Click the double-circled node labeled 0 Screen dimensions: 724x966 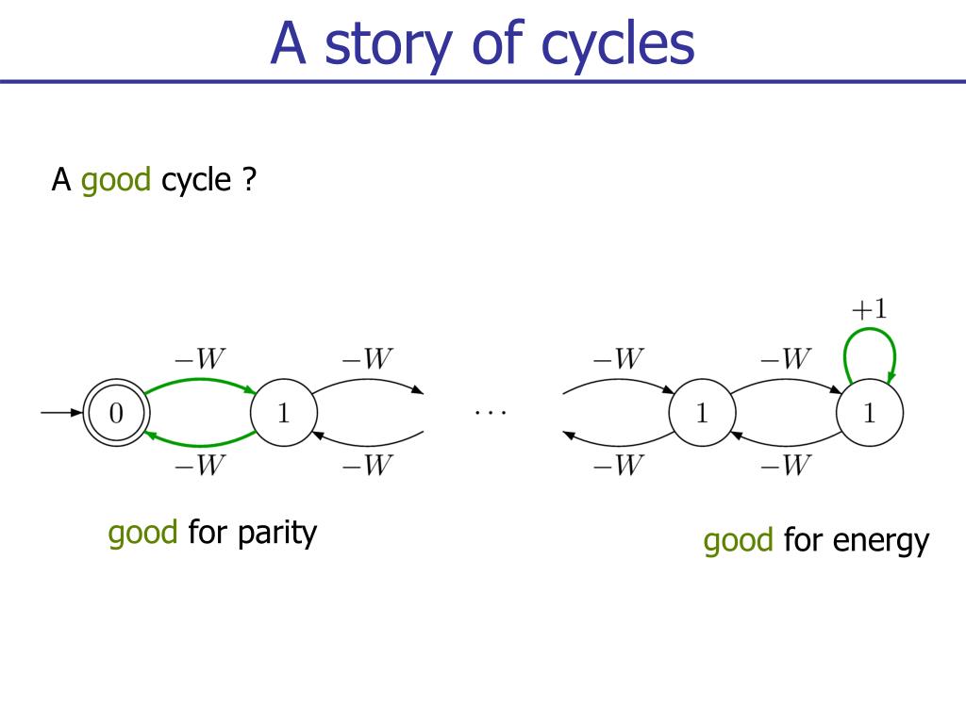pyautogui.click(x=115, y=414)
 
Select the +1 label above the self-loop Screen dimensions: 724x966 pyautogui.click(x=869, y=308)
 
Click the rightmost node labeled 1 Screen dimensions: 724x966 pyautogui.click(x=870, y=414)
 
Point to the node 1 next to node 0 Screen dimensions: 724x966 pyautogui.click(x=283, y=414)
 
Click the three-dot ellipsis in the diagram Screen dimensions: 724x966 pyautogui.click(x=491, y=413)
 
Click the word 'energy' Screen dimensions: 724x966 pyautogui.click(x=882, y=541)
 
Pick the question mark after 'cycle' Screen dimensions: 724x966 pyautogui.click(x=249, y=180)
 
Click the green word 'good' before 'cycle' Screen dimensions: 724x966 pyautogui.click(x=116, y=180)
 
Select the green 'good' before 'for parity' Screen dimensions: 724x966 pyautogui.click(x=142, y=533)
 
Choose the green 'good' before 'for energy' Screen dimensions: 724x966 pyautogui.click(x=738, y=541)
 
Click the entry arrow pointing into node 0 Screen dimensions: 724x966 pyautogui.click(x=61, y=413)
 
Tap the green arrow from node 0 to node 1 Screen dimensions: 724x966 pyautogui.click(x=200, y=382)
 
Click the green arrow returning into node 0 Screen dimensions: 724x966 pyautogui.click(x=200, y=443)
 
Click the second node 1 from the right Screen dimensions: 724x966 pyautogui.click(x=701, y=414)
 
